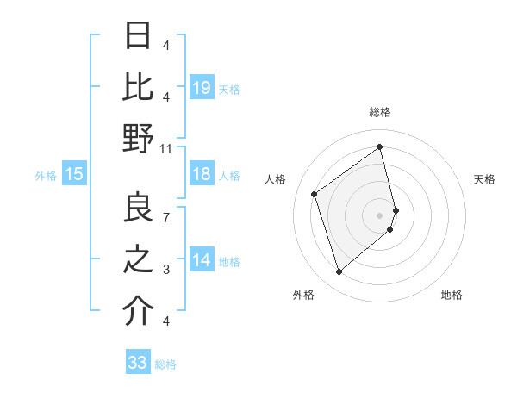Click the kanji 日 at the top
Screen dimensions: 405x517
pyautogui.click(x=139, y=36)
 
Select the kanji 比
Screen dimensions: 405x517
pyautogui.click(x=139, y=86)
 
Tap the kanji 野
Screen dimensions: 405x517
pyautogui.click(x=139, y=138)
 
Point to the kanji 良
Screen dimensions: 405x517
pyautogui.click(x=139, y=208)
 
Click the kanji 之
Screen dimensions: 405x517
pyautogui.click(x=139, y=259)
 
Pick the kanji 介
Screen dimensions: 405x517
pyautogui.click(x=139, y=311)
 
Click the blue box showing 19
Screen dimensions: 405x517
pyautogui.click(x=202, y=87)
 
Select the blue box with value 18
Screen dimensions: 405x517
pyautogui.click(x=202, y=175)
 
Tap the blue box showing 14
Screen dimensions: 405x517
pyautogui.click(x=202, y=261)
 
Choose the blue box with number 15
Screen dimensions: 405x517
pyautogui.click(x=74, y=175)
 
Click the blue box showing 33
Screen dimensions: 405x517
pyautogui.click(x=138, y=363)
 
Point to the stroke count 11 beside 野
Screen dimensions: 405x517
pyautogui.click(x=166, y=148)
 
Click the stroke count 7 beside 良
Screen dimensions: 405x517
pyautogui.click(x=166, y=217)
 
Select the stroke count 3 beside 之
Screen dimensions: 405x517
pyautogui.click(x=166, y=270)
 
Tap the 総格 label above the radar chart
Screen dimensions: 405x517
pyautogui.click(x=380, y=113)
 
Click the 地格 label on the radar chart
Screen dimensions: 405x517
pyautogui.click(x=452, y=295)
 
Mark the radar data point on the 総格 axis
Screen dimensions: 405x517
pyautogui.click(x=380, y=146)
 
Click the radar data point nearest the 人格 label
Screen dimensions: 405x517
pyautogui.click(x=315, y=194)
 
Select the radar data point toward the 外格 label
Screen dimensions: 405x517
pyautogui.click(x=339, y=272)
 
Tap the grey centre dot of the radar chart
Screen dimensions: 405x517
pyautogui.click(x=380, y=215)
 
